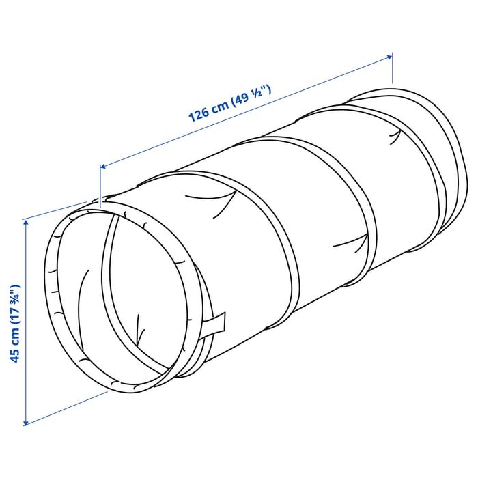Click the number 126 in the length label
pos(199,114)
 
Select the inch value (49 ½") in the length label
pos(251,96)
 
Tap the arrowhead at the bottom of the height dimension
pos(26,422)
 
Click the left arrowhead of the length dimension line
pos(103,166)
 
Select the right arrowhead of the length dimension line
pos(389,57)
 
